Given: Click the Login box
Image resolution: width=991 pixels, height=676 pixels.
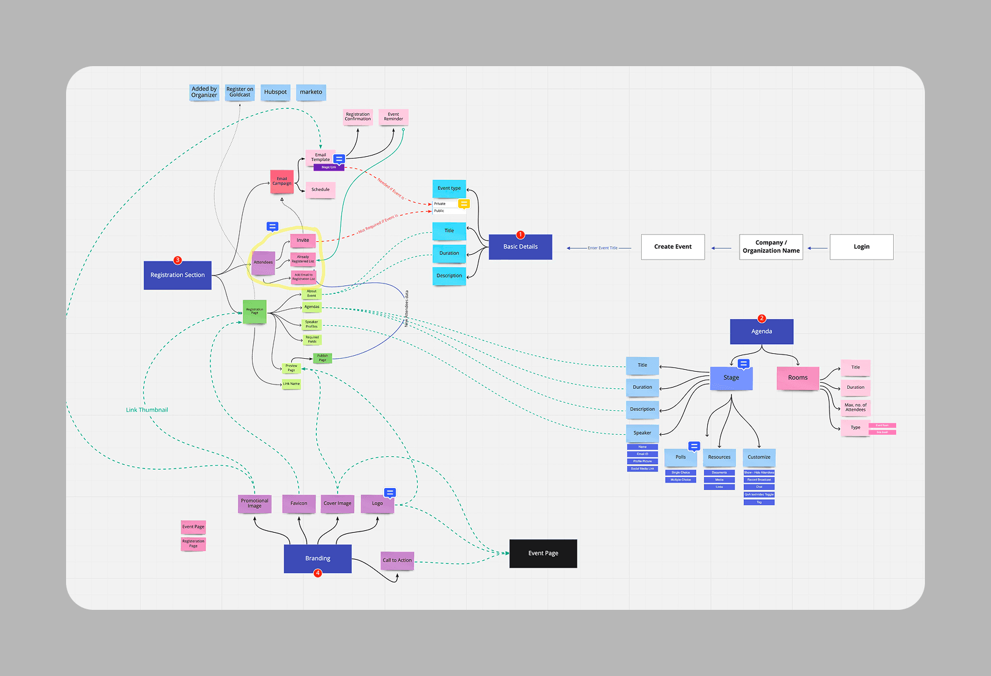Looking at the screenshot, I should pyautogui.click(x=861, y=247).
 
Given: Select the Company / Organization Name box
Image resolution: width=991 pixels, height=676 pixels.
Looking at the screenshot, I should pyautogui.click(x=771, y=247).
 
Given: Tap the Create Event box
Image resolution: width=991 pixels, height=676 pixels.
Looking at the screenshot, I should pyautogui.click(x=672, y=247).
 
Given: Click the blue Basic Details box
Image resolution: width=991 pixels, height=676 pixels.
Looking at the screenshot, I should pyautogui.click(x=520, y=247).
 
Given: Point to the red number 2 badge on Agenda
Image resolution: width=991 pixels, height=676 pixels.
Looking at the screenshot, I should pyautogui.click(x=762, y=318).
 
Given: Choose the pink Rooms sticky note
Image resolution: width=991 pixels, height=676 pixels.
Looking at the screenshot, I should pyautogui.click(x=798, y=378).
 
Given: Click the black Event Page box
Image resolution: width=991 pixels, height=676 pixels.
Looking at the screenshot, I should pyautogui.click(x=543, y=554).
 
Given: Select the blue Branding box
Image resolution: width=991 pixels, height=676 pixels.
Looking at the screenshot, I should pyautogui.click(x=317, y=558).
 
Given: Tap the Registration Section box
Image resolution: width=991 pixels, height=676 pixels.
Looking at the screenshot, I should pyautogui.click(x=177, y=276).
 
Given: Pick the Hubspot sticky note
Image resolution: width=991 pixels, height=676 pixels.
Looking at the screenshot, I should pyautogui.click(x=275, y=92).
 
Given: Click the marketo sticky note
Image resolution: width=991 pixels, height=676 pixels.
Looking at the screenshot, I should pyautogui.click(x=311, y=92).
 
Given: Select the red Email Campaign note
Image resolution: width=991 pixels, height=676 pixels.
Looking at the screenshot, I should pyautogui.click(x=282, y=182).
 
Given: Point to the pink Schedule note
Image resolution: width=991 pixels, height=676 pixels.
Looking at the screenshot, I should pyautogui.click(x=321, y=190).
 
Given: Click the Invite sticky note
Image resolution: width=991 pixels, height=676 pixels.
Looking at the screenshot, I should pyautogui.click(x=303, y=241).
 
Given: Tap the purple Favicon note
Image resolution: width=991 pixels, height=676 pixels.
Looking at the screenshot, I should pyautogui.click(x=299, y=503).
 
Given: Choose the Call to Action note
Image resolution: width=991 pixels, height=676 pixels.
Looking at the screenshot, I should pyautogui.click(x=397, y=560).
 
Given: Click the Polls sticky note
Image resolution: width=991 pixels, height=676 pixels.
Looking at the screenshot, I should pyautogui.click(x=680, y=457).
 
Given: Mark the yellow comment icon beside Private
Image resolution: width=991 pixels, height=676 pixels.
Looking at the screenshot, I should pyautogui.click(x=464, y=204).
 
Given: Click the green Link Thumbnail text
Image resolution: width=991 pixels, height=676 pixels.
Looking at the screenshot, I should pyautogui.click(x=147, y=410).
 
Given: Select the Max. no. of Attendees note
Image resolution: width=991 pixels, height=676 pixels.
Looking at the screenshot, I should pyautogui.click(x=855, y=408).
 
